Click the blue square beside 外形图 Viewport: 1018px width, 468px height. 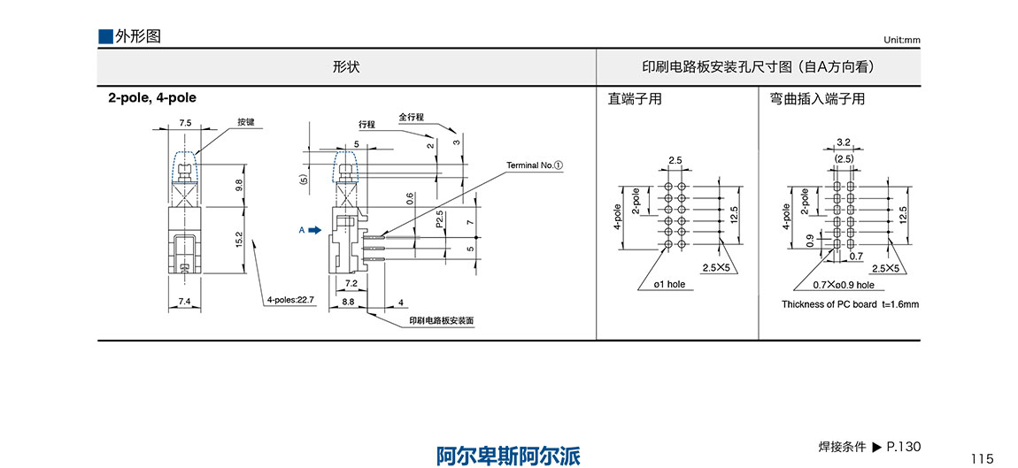click(105, 36)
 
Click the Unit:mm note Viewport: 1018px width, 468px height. click(901, 41)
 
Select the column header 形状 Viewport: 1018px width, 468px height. click(346, 67)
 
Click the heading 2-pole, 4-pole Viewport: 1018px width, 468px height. click(152, 98)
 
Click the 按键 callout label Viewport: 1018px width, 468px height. click(246, 122)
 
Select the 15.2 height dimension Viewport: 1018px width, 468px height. click(241, 241)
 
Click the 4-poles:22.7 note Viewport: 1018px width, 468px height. click(291, 301)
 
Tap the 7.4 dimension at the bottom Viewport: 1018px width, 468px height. click(185, 303)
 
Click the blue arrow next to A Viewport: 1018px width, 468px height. click(313, 231)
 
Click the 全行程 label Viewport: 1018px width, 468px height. click(412, 117)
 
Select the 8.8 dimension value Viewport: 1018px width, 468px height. click(349, 303)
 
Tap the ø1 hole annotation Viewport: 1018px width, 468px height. click(669, 285)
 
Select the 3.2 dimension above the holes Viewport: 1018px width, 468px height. click(843, 142)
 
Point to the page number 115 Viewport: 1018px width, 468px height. click(982, 458)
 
